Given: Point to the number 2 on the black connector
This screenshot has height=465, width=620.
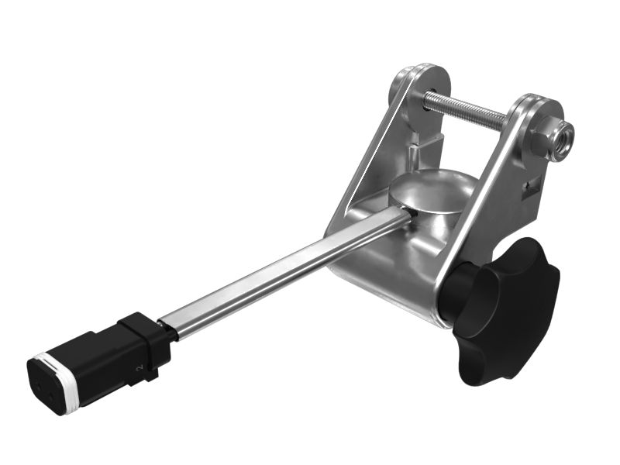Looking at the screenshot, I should (x=139, y=370).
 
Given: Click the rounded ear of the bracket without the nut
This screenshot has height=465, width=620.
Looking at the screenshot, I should (x=422, y=85).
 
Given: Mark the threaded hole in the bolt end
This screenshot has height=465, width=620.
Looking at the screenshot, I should (x=563, y=139).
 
